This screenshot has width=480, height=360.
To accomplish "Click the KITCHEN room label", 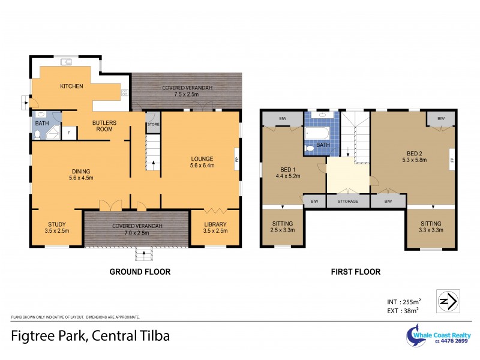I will [71, 86].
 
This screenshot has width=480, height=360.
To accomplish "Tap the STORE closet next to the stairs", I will [153, 124].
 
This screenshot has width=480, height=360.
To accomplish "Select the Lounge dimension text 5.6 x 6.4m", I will [202, 165].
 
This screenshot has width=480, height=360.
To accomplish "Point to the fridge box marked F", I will [69, 132].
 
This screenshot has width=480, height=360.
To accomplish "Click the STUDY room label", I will [57, 225].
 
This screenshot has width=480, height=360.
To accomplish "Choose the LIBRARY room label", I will [215, 225].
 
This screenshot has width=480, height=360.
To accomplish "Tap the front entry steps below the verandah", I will [143, 254].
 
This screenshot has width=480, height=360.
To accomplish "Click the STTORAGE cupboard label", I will [348, 202].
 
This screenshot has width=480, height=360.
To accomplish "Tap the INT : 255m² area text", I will [404, 301].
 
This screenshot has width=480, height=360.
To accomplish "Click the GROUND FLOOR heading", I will [139, 272].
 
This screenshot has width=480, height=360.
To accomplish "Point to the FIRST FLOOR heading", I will [356, 272].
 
